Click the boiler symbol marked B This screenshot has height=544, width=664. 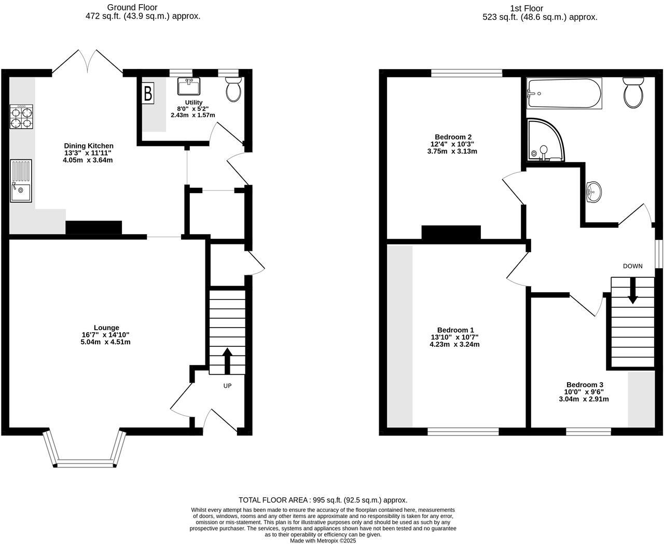coord(148,93)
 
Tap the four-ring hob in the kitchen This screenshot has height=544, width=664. coord(21,116)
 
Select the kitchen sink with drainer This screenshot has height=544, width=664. coord(21,181)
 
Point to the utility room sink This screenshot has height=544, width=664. coord(189,86)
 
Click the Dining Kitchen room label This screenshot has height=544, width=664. coord(88,146)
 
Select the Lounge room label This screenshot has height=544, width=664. coord(106,328)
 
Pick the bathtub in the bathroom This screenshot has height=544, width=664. coord(564,93)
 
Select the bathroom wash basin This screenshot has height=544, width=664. coord(593,192)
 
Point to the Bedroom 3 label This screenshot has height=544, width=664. coord(584,385)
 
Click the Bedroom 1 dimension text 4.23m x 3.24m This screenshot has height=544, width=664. coord(454,344)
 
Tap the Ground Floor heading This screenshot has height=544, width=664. coord(132,7)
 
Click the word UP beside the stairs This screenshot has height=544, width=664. coord(227,386)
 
